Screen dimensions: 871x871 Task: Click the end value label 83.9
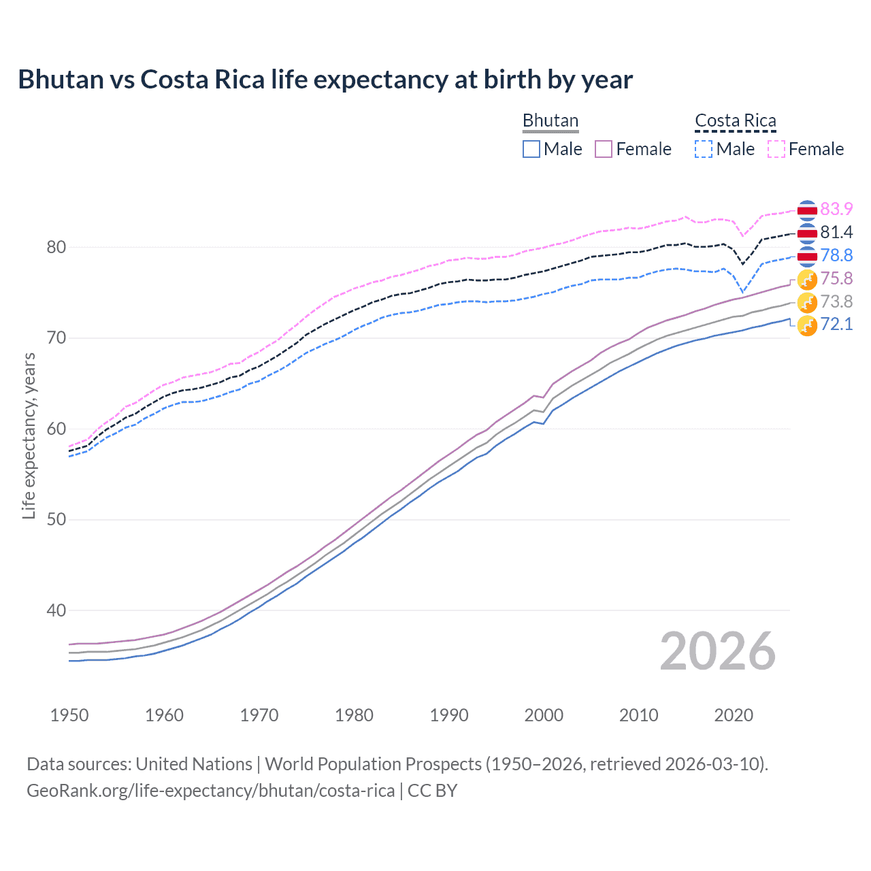click(836, 209)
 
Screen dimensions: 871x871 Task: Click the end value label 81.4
click(836, 232)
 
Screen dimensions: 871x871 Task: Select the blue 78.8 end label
click(836, 255)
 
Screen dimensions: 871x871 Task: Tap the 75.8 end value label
click(836, 278)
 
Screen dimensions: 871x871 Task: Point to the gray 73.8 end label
click(836, 301)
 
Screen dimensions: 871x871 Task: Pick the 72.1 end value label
click(836, 324)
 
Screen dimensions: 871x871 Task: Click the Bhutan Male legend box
click(531, 149)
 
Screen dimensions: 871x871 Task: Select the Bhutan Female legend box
click(604, 149)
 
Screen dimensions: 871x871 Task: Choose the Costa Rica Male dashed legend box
click(704, 149)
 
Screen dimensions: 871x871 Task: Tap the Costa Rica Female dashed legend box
click(776, 149)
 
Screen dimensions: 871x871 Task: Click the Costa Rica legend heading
click(735, 120)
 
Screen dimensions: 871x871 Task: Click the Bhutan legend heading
click(550, 120)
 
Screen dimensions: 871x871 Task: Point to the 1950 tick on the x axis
click(69, 715)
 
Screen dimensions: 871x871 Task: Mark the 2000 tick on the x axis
click(544, 715)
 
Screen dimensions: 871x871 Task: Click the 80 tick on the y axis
click(56, 247)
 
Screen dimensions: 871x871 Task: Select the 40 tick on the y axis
click(56, 610)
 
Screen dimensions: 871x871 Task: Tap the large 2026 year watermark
click(717, 651)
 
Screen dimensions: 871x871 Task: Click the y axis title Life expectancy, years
click(29, 435)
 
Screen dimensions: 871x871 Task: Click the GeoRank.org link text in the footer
click(210, 791)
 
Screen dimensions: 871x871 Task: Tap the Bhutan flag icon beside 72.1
click(807, 325)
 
